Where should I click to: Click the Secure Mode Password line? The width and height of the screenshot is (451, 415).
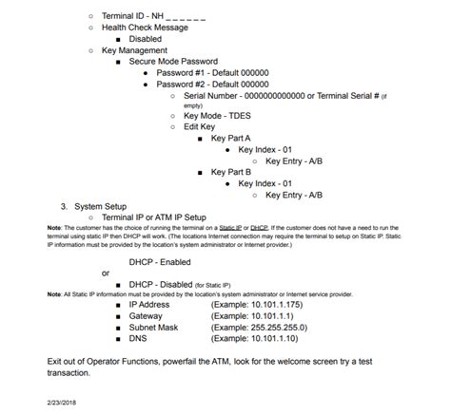(x=176, y=62)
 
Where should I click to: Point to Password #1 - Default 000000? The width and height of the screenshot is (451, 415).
(x=212, y=73)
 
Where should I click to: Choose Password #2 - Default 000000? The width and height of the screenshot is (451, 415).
(x=212, y=85)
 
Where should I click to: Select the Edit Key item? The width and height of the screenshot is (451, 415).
(x=200, y=127)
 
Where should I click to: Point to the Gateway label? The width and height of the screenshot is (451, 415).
(x=149, y=315)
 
